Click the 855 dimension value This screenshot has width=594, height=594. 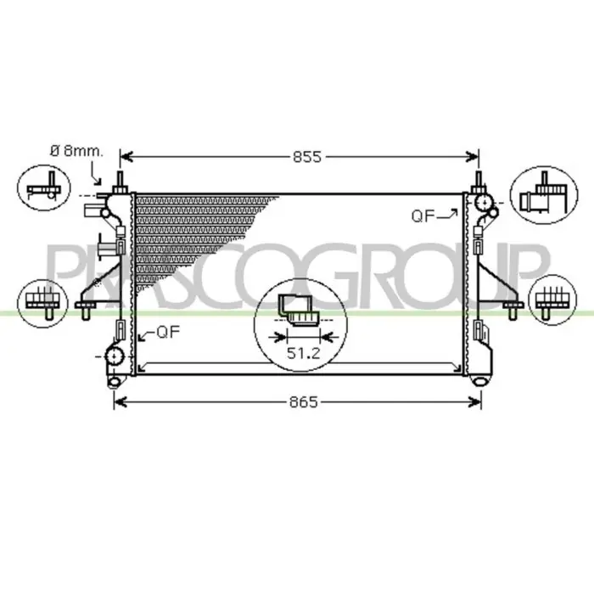click(x=307, y=157)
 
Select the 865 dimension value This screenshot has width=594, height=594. click(x=304, y=402)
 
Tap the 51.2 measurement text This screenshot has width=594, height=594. click(x=304, y=354)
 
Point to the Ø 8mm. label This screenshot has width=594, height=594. click(x=76, y=151)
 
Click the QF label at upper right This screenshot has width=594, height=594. click(x=423, y=216)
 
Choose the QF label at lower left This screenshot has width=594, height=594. click(x=168, y=333)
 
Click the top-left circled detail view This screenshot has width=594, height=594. click(x=44, y=188)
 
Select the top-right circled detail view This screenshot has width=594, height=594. click(x=544, y=194)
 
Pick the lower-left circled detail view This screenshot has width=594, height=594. click(x=42, y=303)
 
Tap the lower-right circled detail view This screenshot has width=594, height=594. click(x=552, y=300)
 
